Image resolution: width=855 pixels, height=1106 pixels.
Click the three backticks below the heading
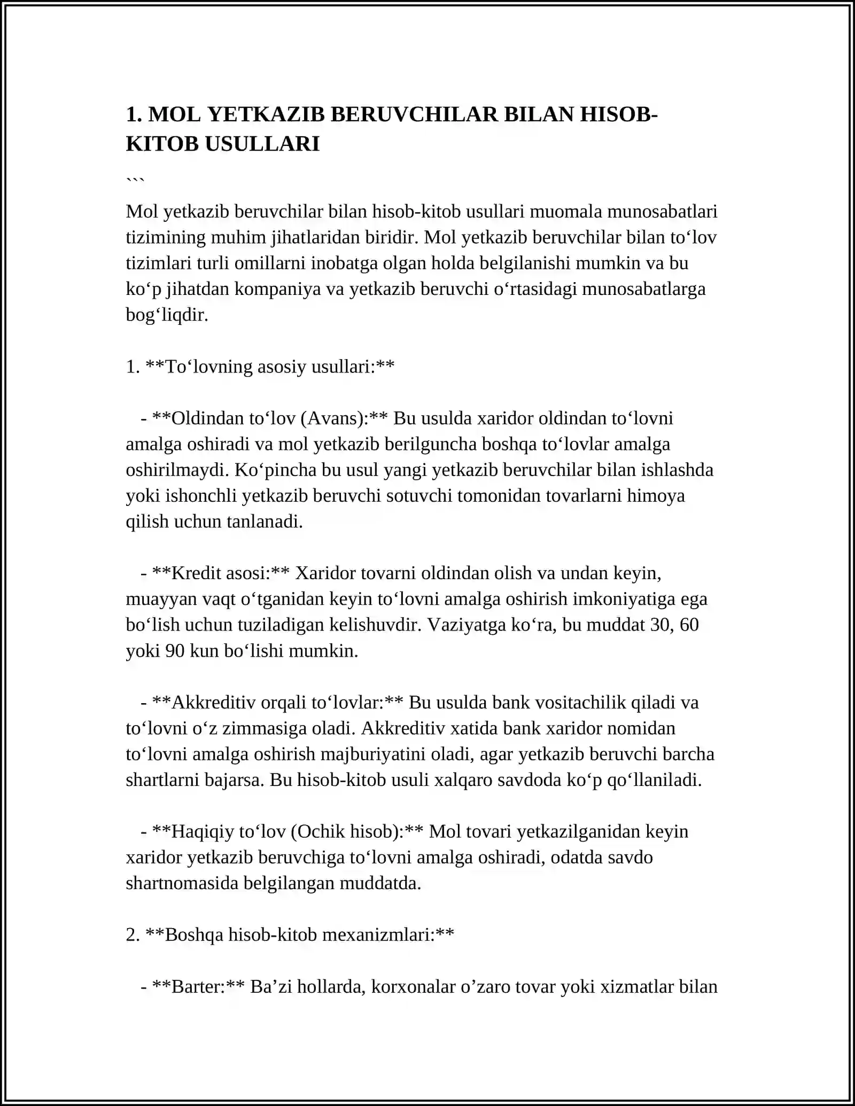point(135,181)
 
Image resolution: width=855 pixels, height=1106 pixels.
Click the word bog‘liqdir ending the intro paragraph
point(167,315)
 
